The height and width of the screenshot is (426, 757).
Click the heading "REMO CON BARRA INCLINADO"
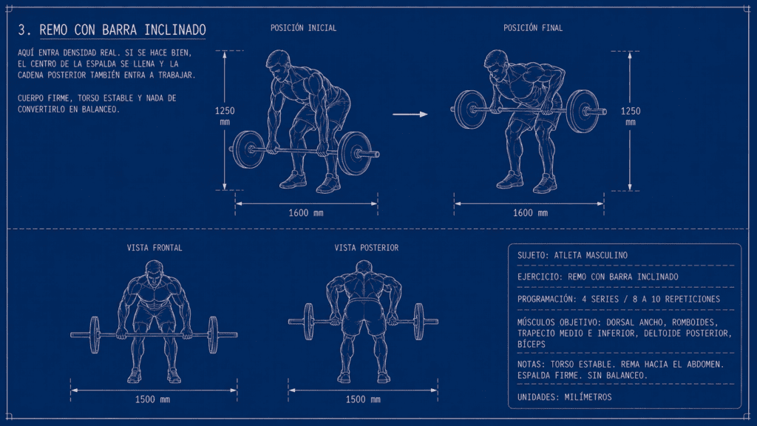coord(123,30)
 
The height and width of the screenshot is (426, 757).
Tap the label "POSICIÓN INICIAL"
coord(303,28)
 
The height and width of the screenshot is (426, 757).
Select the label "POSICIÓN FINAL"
coord(533,28)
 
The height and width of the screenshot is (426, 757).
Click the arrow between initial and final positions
coord(410,115)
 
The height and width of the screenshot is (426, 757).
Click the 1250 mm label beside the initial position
coord(225,116)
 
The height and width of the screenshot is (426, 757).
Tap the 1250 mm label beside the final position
coord(631,116)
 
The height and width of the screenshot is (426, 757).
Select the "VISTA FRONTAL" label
coord(155,248)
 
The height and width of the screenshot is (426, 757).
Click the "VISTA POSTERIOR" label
coord(367,248)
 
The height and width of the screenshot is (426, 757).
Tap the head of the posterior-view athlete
coord(364,268)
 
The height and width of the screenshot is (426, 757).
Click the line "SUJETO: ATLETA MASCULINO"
coord(573,255)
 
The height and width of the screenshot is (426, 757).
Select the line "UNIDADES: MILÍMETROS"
coord(564,397)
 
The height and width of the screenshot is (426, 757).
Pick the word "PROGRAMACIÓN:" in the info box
coord(547,299)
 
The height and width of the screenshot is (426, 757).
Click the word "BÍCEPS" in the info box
coord(532,345)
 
